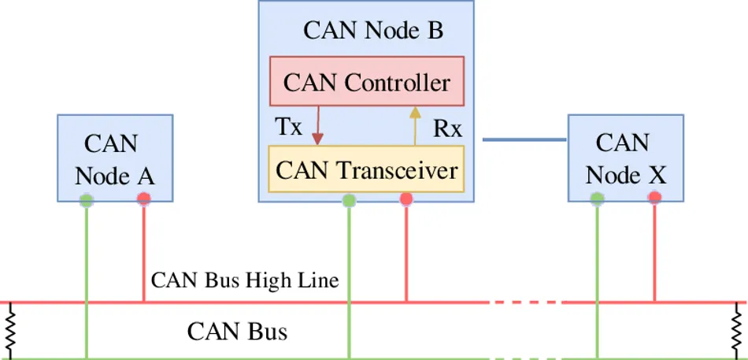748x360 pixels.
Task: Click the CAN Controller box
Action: coord(367,82)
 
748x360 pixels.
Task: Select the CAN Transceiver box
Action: coord(367,169)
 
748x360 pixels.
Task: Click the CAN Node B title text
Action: coord(373,31)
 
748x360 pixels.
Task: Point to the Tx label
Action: coord(288,127)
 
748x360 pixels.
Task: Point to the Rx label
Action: coord(447,129)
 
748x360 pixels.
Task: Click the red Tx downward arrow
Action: coord(318,126)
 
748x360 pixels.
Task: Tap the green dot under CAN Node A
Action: coord(87,200)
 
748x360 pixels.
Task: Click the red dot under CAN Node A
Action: coord(143,199)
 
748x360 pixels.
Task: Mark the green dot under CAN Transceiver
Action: coord(349,200)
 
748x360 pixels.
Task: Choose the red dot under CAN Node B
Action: coord(406,199)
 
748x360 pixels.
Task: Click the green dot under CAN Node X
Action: coord(597,199)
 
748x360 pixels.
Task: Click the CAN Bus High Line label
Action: coord(245,280)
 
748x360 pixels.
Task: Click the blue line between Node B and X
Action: coord(524,139)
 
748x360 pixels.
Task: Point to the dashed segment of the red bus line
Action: coord(525,302)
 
